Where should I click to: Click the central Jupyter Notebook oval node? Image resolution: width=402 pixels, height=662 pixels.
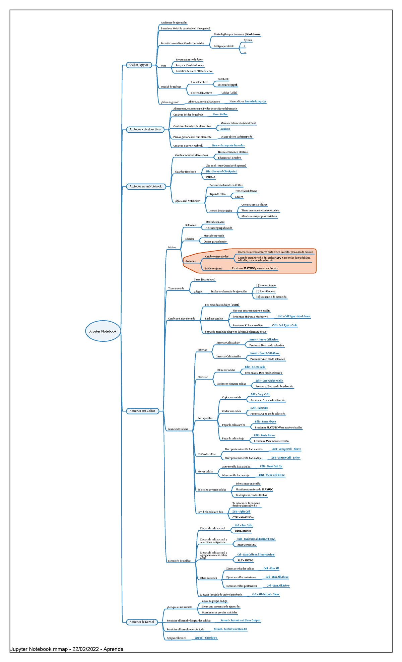click(103, 331)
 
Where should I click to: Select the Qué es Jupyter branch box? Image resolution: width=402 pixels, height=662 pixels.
click(139, 65)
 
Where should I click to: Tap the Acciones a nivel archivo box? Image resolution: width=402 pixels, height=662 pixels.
click(145, 130)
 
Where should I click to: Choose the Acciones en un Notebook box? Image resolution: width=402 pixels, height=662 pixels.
click(146, 187)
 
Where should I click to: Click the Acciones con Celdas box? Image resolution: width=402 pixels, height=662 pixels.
click(142, 411)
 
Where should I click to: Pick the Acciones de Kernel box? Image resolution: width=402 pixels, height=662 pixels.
click(142, 622)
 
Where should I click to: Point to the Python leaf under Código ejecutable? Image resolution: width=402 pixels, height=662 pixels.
click(248, 40)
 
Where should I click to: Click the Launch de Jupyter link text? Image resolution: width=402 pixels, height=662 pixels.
click(255, 102)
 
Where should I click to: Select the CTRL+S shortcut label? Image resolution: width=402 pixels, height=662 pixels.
click(210, 177)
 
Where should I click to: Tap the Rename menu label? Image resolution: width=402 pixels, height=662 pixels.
click(225, 129)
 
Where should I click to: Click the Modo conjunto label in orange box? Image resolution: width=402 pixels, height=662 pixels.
click(214, 269)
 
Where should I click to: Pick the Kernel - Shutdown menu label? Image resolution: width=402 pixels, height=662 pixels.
click(206, 638)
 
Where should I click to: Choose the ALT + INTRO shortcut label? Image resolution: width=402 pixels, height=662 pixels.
click(245, 560)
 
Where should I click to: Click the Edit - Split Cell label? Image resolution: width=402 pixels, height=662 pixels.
click(241, 512)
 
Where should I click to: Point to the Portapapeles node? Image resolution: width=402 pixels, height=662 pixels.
click(205, 418)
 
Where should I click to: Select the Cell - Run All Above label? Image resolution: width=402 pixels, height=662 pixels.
click(277, 577)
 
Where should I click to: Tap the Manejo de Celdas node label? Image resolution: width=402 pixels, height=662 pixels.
click(178, 429)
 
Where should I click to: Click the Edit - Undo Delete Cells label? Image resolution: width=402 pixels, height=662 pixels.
click(269, 381)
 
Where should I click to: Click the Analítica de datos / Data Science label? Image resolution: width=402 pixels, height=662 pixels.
click(194, 71)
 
